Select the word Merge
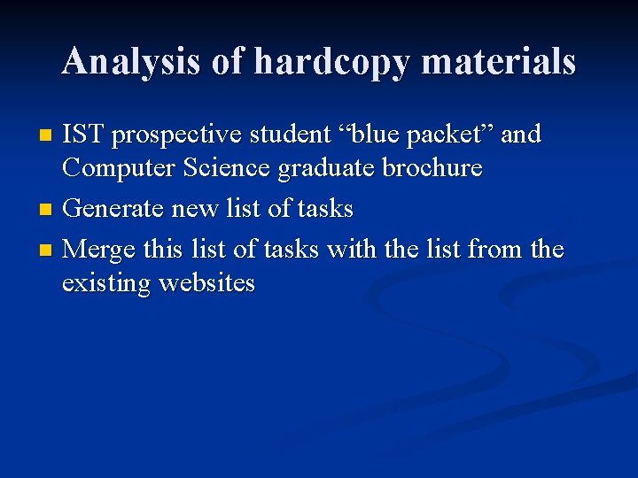pos(99,251)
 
